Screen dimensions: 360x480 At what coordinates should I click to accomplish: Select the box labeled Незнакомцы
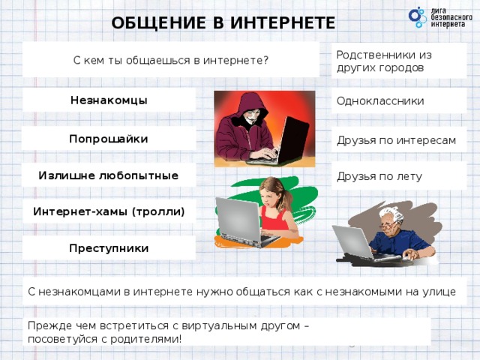pos(109,100)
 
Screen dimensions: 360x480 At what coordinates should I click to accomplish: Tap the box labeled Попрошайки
pos(109,139)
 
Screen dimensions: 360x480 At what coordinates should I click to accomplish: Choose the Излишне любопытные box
pos(109,175)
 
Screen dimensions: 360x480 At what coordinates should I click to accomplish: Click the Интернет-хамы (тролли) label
pos(109,211)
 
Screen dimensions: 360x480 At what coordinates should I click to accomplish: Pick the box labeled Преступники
pos(109,248)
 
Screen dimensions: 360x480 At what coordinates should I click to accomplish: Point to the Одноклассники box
pos(398,101)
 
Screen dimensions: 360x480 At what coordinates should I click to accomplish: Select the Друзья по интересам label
pos(398,140)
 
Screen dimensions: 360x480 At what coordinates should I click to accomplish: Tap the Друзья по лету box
pos(398,177)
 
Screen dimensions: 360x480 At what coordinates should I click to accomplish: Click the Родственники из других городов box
pos(398,61)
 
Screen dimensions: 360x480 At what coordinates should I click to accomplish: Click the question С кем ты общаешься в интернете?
pos(171,60)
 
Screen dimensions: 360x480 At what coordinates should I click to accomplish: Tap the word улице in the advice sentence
pos(439,292)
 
